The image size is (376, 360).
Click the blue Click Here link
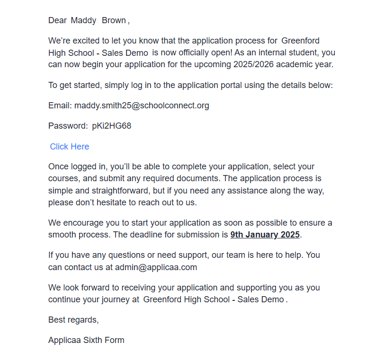pos(69,147)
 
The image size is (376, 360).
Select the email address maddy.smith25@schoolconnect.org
pos(142,105)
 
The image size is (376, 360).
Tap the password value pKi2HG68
pos(112,126)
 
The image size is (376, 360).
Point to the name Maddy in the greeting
pos(84,20)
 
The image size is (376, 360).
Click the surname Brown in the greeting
pos(114,20)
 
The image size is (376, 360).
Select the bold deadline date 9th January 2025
pos(265,235)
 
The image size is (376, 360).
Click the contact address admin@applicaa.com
pos(156,267)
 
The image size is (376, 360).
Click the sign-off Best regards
pos(73,320)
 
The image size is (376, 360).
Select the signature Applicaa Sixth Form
pos(86,340)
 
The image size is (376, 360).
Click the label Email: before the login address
pos(60,105)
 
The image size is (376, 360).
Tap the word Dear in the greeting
pos(57,20)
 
